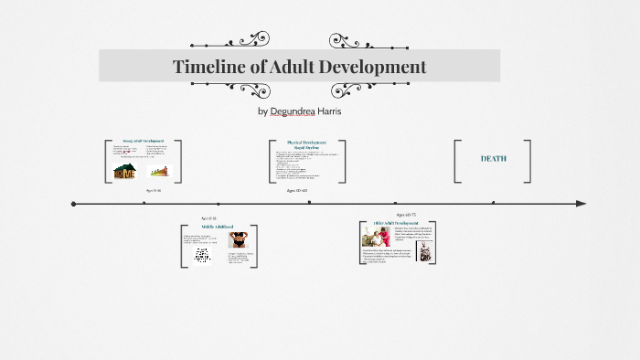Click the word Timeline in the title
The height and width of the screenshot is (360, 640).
pyautogui.click(x=209, y=67)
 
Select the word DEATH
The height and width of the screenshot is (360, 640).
pyautogui.click(x=493, y=159)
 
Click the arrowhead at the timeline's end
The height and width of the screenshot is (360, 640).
pyautogui.click(x=581, y=203)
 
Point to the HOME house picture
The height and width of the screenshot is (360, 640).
pyautogui.click(x=124, y=170)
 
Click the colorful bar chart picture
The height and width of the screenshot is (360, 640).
pyautogui.click(x=161, y=170)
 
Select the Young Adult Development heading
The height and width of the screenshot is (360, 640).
pyautogui.click(x=144, y=142)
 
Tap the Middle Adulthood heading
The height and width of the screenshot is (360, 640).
pyautogui.click(x=217, y=227)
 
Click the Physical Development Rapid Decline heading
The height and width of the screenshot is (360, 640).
pyautogui.click(x=306, y=145)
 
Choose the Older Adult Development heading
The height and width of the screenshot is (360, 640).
pyautogui.click(x=397, y=223)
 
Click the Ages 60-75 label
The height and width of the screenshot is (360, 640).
pyautogui.click(x=407, y=214)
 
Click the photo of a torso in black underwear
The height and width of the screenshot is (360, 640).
pyautogui.click(x=239, y=240)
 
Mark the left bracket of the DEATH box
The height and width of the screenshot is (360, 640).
pyautogui.click(x=457, y=161)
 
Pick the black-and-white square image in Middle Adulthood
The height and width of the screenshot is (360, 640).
pyautogui.click(x=202, y=256)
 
